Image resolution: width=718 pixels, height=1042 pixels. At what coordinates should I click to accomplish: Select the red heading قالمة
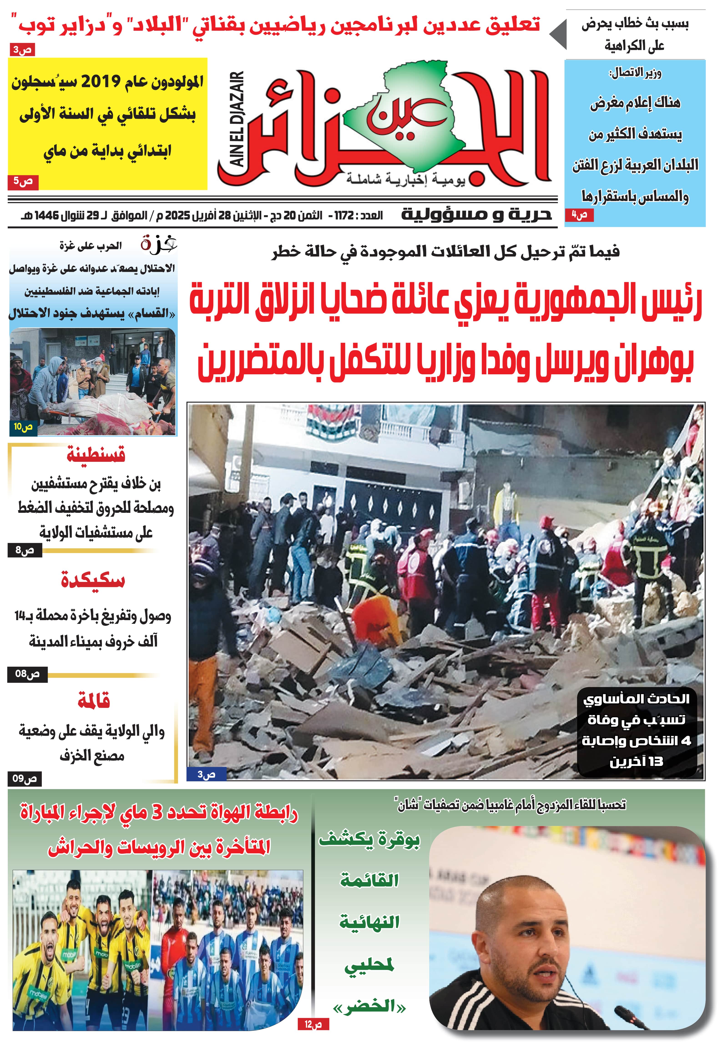(x=94, y=701)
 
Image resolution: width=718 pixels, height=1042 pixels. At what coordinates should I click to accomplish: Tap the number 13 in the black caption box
(x=656, y=762)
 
